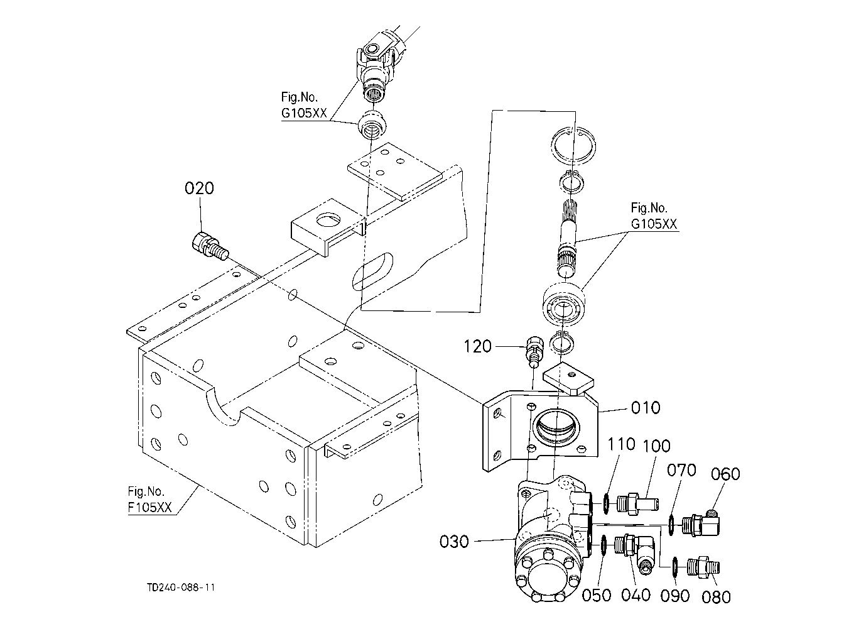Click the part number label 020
tap(199, 189)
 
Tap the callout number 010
tap(646, 408)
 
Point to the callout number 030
tap(454, 542)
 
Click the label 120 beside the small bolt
tap(477, 347)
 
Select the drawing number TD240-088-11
tap(181, 588)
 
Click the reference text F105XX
tap(149, 507)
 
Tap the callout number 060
tap(725, 474)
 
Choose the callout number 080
tap(716, 598)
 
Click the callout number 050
tap(597, 595)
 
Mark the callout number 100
tap(656, 446)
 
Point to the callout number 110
tap(622, 444)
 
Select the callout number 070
tap(681, 471)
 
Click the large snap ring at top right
tap(573, 146)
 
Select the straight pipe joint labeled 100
tap(637, 505)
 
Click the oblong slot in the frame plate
tap(372, 271)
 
